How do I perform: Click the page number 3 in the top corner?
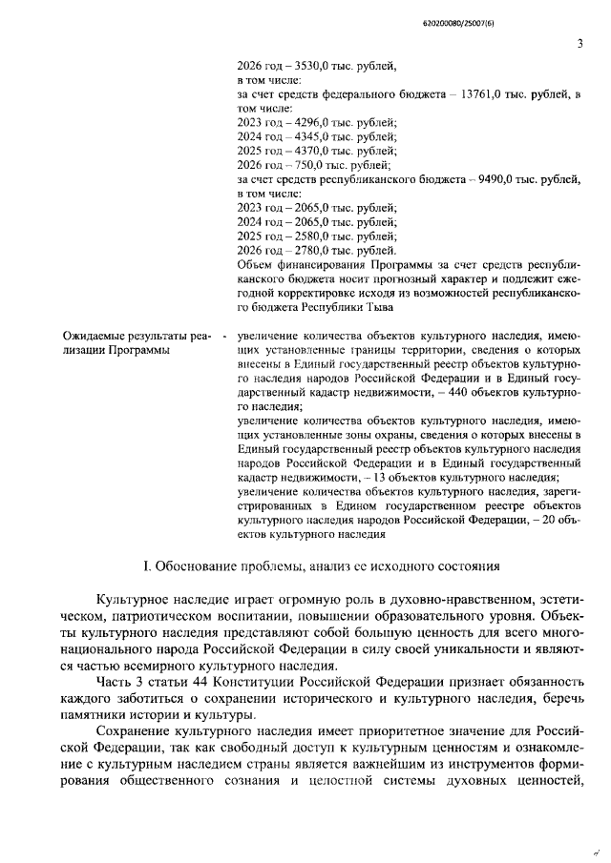[x=579, y=43]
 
